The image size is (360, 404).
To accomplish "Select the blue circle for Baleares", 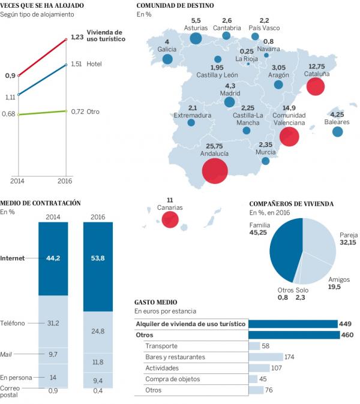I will (x=338, y=132).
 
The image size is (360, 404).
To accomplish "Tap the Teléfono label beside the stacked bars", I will (x=13, y=323).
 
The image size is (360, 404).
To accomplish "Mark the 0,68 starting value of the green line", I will (x=9, y=114).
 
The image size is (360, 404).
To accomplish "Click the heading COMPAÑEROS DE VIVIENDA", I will (x=292, y=204).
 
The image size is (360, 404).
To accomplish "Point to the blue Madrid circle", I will (x=229, y=102).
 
